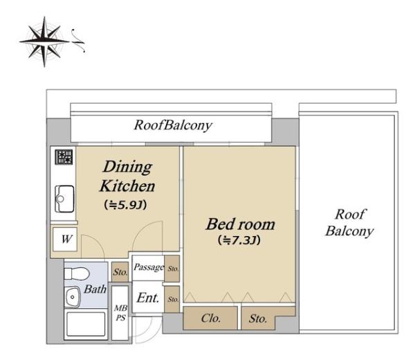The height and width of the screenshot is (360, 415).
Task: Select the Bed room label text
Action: coord(240,224)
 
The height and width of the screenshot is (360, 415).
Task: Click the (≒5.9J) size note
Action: coord(127,205)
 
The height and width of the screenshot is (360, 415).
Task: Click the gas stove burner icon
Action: coord(64,156)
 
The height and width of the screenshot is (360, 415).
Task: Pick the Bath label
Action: coord(95,289)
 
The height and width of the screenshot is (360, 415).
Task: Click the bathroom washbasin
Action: coord(71,298)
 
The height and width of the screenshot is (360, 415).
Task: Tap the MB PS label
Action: coord(120,314)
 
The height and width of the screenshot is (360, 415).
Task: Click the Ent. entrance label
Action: coord(148,299)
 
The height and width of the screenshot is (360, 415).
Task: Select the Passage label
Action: coord(149,267)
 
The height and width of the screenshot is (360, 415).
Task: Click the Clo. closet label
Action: coord(210,319)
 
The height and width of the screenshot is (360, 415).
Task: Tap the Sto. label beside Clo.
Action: coord(258,319)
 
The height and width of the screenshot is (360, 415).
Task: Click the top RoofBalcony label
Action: coord(173,125)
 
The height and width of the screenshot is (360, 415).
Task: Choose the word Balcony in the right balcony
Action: coord(349,231)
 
